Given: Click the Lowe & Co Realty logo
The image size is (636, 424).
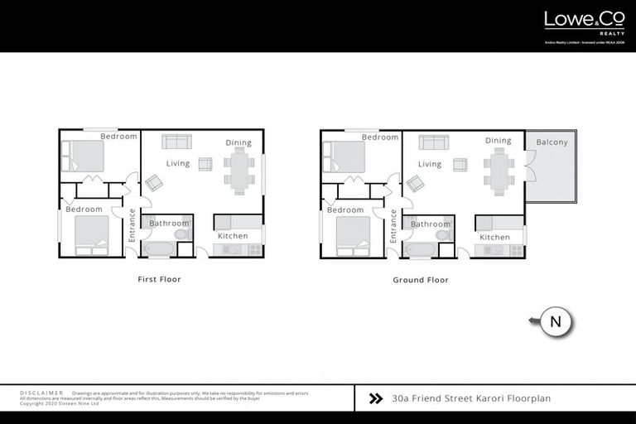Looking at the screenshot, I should click(x=583, y=22).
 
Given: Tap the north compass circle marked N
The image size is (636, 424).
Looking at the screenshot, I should click(x=556, y=322).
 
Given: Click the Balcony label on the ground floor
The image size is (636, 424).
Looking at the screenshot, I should click(x=552, y=142).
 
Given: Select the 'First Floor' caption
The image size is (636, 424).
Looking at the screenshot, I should click(x=159, y=280).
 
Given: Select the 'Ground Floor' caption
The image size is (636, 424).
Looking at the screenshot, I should click(x=421, y=280).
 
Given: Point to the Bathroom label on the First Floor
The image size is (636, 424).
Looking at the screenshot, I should click(x=169, y=224).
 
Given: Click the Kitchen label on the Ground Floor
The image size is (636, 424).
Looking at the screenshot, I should click(x=495, y=237).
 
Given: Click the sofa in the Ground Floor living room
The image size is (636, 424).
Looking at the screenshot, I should click(x=433, y=142).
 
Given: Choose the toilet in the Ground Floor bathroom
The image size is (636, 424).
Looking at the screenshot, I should click(x=443, y=235).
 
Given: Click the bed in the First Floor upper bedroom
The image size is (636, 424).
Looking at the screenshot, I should click(x=84, y=156).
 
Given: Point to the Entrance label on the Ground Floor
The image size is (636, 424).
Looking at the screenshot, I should click(x=393, y=225).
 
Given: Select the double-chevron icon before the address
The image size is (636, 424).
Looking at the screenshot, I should click(x=375, y=398).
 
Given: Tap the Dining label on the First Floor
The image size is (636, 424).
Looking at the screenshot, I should click(x=238, y=142).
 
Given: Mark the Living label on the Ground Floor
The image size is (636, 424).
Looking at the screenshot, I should click(x=430, y=164).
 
